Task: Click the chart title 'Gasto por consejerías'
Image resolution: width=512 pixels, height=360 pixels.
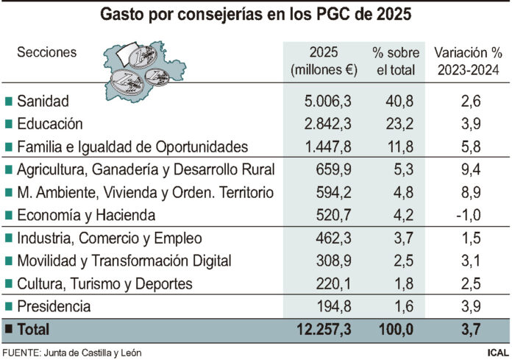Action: coord(255,14)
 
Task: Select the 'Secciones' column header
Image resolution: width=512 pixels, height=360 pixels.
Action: coord(46,52)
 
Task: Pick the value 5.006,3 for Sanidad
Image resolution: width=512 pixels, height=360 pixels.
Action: coord(328,101)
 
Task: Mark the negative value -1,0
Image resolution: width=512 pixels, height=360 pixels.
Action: coord(470,216)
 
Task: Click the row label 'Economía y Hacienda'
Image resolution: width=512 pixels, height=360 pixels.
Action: coord(86,216)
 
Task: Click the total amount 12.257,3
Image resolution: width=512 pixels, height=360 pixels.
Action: coord(325,329)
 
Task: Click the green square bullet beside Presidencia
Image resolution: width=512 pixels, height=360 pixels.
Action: coord(8,306)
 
